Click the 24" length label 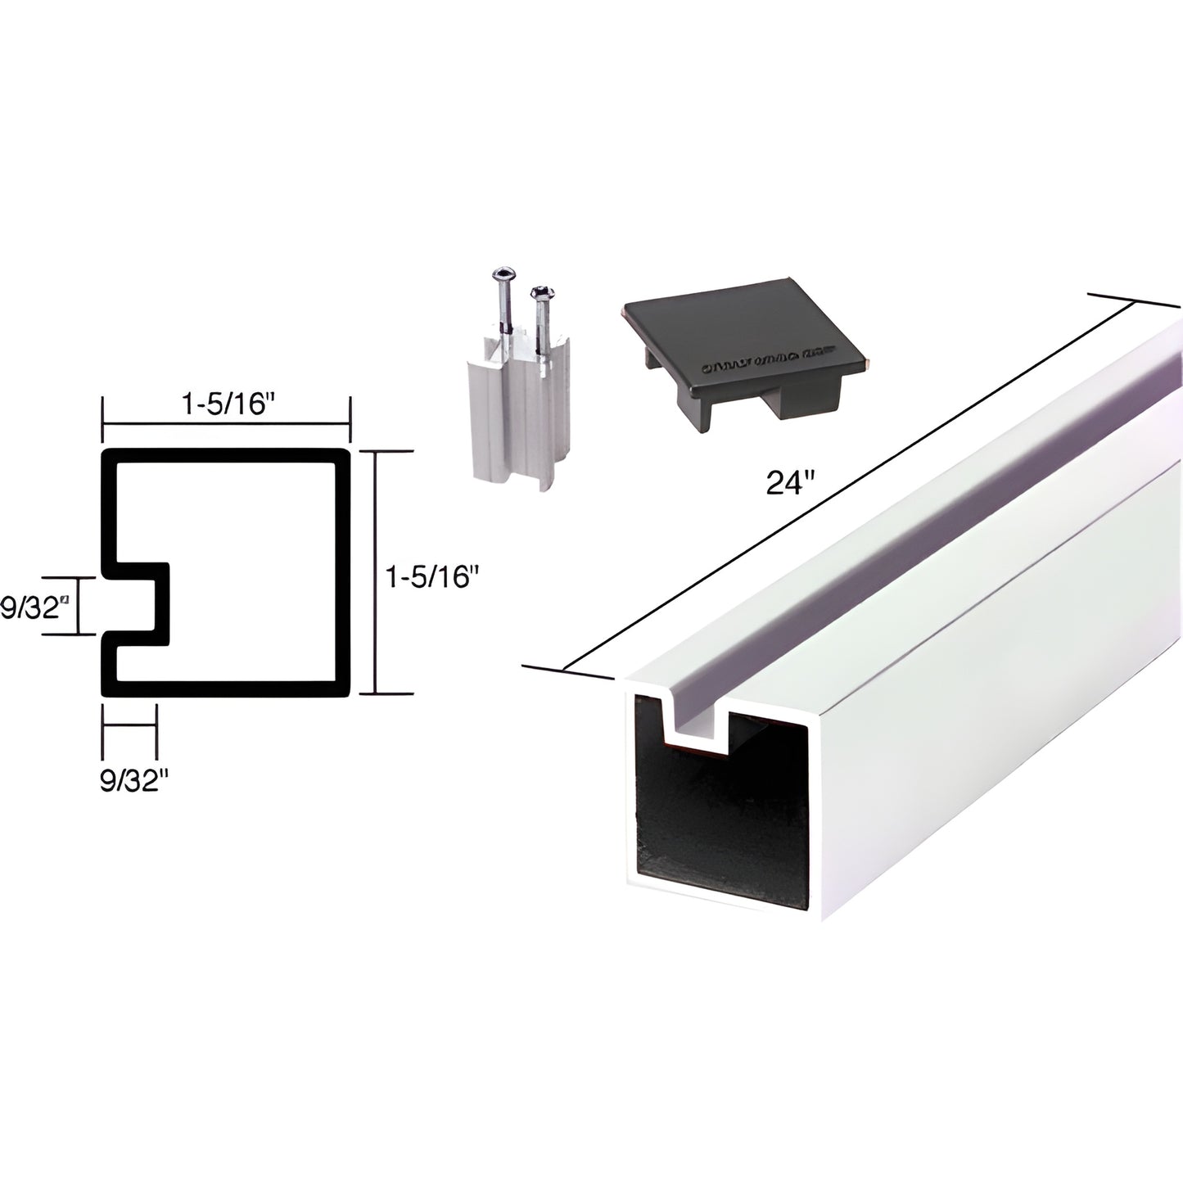[x=787, y=483]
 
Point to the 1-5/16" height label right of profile [x=431, y=578]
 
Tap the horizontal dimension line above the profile [x=226, y=422]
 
